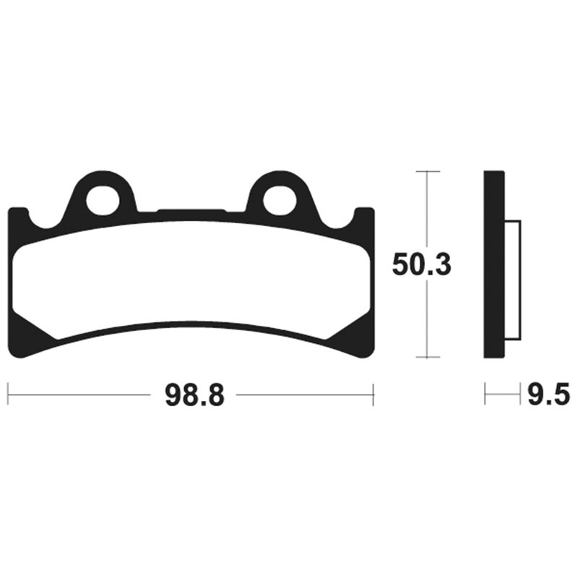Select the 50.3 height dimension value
[x=422, y=264]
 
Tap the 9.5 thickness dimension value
[x=548, y=395]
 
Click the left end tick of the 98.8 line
[x=8, y=395]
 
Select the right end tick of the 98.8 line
[x=373, y=395]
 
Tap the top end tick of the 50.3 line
[x=428, y=171]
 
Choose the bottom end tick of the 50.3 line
[x=428, y=358]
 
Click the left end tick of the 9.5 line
[x=486, y=395]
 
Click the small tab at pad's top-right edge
[x=364, y=213]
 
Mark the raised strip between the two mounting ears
[x=191, y=212]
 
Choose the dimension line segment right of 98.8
[x=303, y=395]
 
